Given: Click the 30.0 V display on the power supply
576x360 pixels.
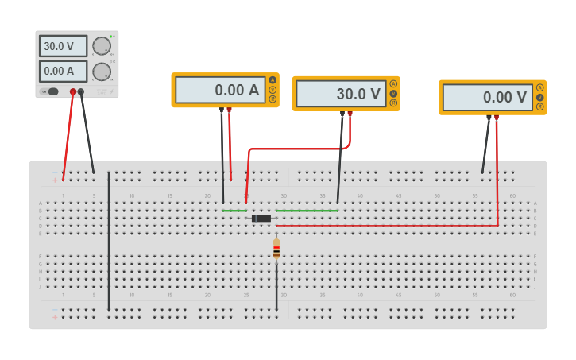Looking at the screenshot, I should point(63,46).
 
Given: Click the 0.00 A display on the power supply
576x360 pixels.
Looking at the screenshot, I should point(63,72).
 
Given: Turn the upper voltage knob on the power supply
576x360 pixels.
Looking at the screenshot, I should point(101,46).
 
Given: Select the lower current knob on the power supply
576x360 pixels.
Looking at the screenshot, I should point(101,72).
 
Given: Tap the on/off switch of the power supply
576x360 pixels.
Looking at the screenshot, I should point(52,91).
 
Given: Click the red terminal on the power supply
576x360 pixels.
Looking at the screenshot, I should point(73,92).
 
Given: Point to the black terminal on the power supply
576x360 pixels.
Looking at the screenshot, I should point(81,92).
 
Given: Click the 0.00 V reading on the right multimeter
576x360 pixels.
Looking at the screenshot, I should point(487,97).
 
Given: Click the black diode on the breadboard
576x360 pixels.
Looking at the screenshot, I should point(261,218).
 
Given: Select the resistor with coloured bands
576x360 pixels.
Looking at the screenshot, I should point(276,249).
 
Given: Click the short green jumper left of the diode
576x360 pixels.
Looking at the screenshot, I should point(234,211).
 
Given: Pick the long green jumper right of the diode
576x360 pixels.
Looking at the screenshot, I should point(307,211).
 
